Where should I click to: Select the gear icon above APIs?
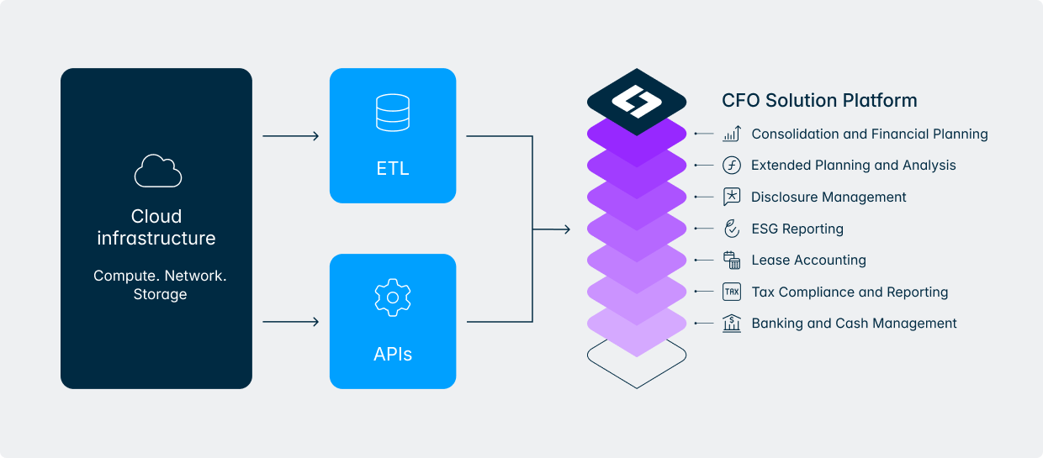point(392,297)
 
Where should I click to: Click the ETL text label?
point(393,168)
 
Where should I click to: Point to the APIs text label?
point(393,354)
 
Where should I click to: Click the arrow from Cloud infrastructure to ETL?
point(291,135)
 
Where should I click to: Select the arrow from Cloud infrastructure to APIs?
point(291,321)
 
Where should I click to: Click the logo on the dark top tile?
point(637,102)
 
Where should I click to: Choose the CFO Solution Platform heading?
point(819,101)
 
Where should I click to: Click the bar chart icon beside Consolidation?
point(731,134)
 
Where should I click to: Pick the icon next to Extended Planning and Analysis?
point(731,166)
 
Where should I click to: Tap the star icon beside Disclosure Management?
point(731,197)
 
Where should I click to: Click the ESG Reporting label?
point(797,229)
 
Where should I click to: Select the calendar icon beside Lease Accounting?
point(731,261)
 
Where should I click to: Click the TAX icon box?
point(731,292)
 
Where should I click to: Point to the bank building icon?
point(731,324)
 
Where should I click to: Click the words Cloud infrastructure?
point(156,228)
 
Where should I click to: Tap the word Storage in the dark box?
point(160,294)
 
